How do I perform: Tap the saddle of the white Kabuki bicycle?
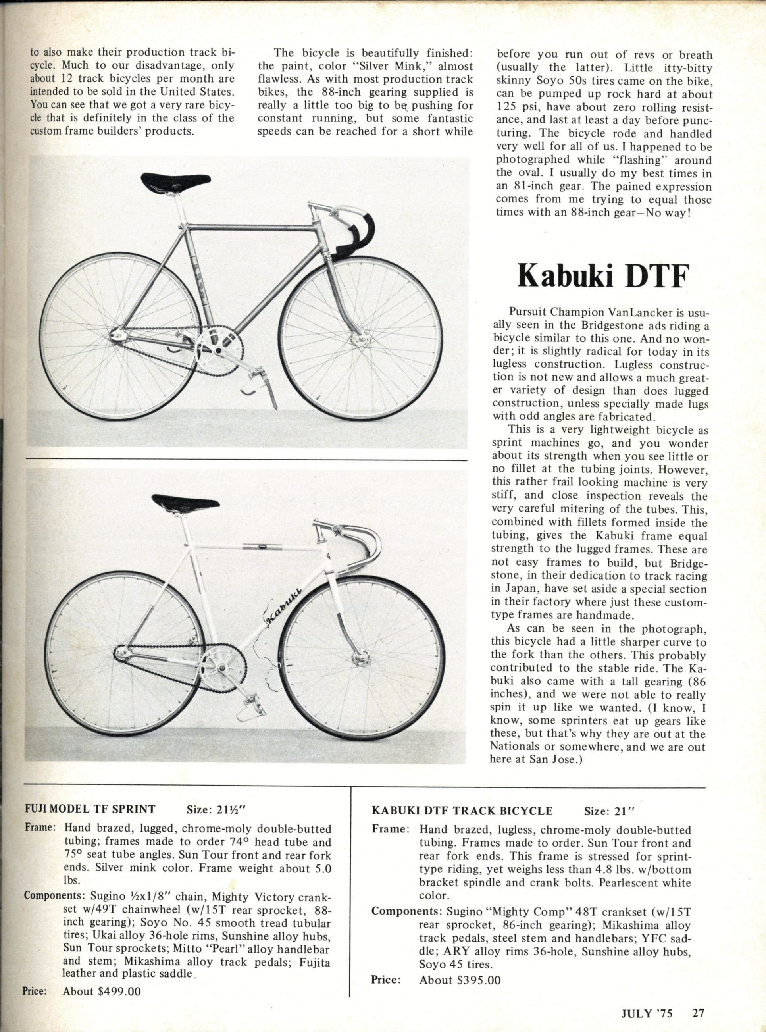(x=185, y=502)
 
